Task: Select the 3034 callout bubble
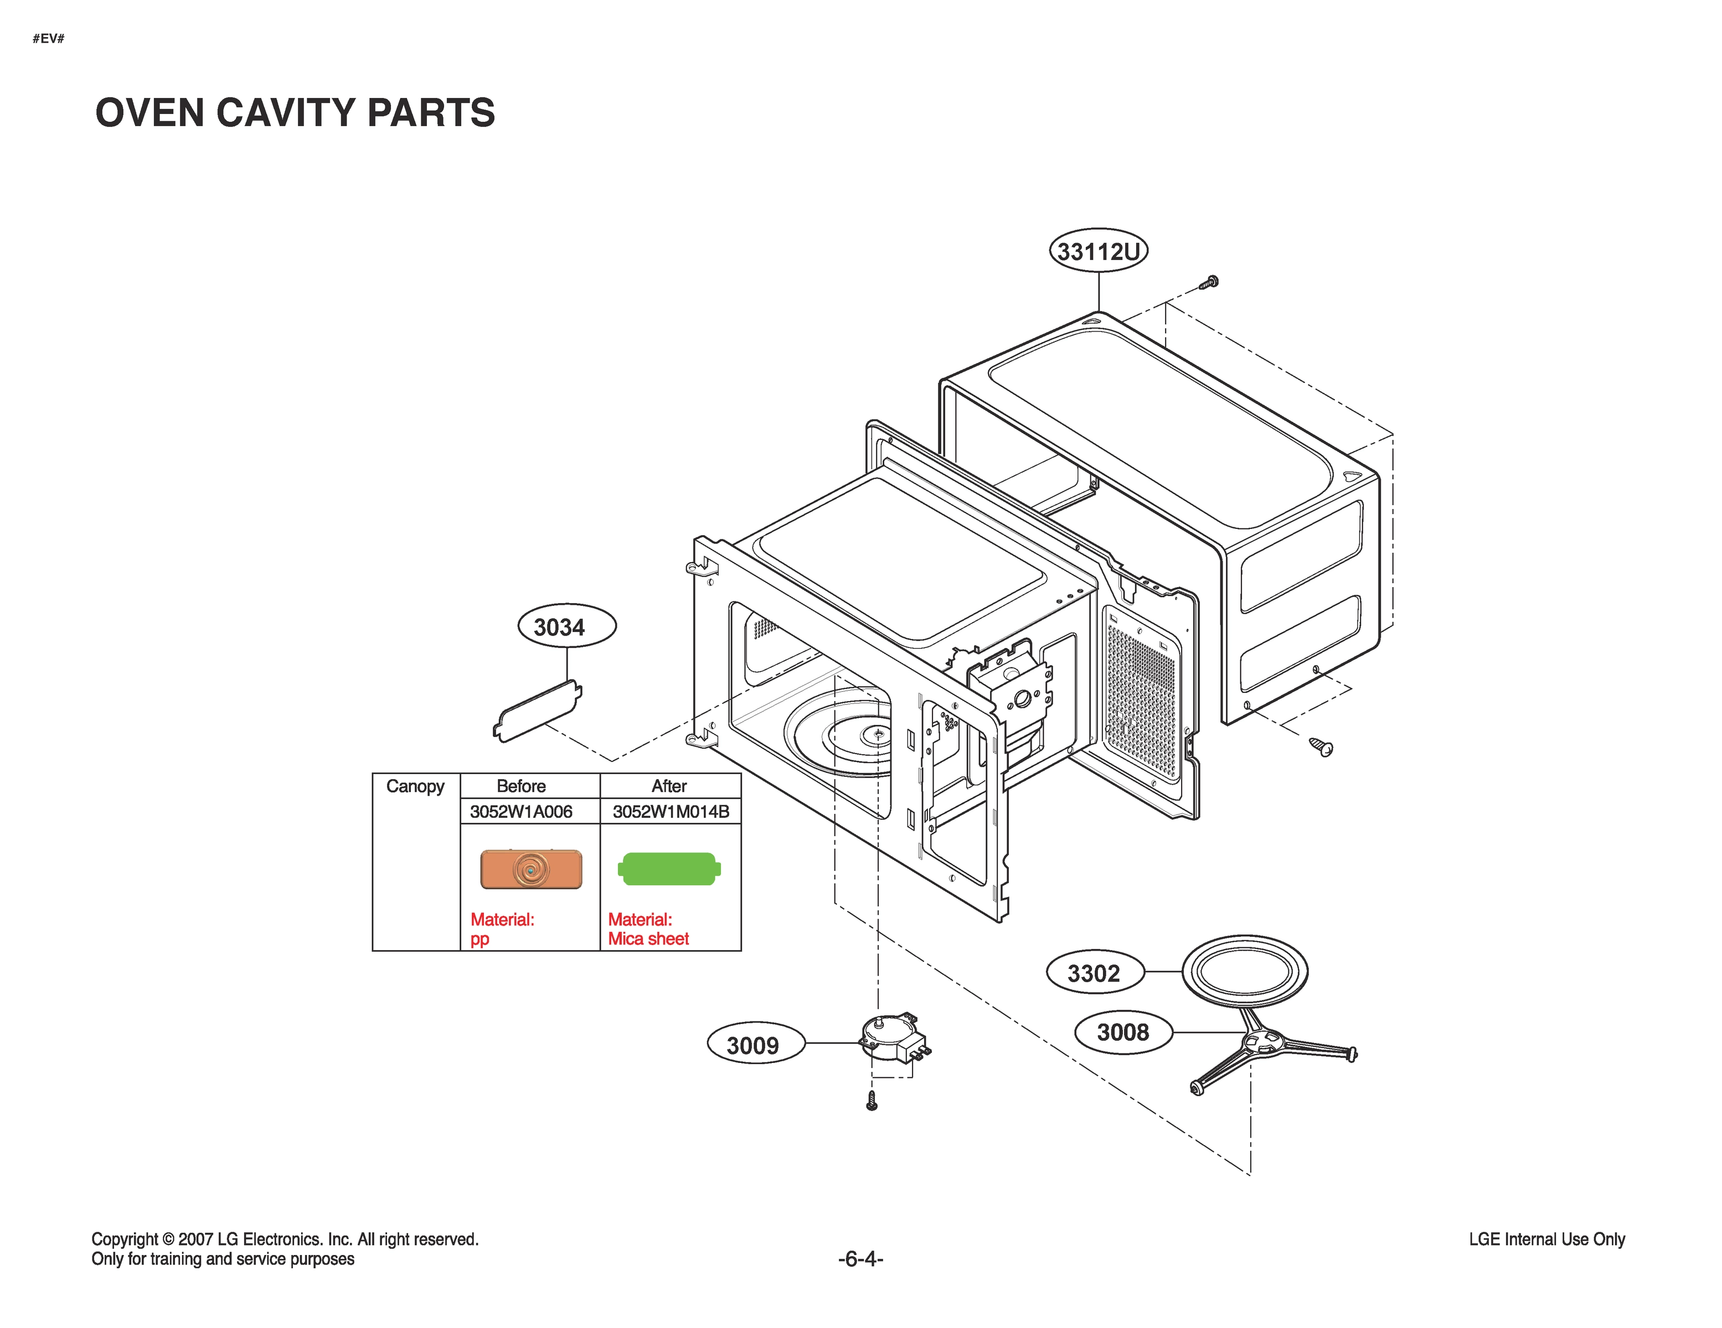(566, 626)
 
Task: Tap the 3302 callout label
(1094, 973)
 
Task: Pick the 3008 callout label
(1123, 1031)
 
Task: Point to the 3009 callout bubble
(754, 1044)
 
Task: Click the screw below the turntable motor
(872, 1101)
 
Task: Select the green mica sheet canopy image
(669, 869)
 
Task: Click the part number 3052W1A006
(521, 811)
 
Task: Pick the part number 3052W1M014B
(670, 811)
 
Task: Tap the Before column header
(521, 786)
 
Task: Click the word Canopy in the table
(415, 786)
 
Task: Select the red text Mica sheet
(648, 938)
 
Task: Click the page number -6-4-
(860, 1259)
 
